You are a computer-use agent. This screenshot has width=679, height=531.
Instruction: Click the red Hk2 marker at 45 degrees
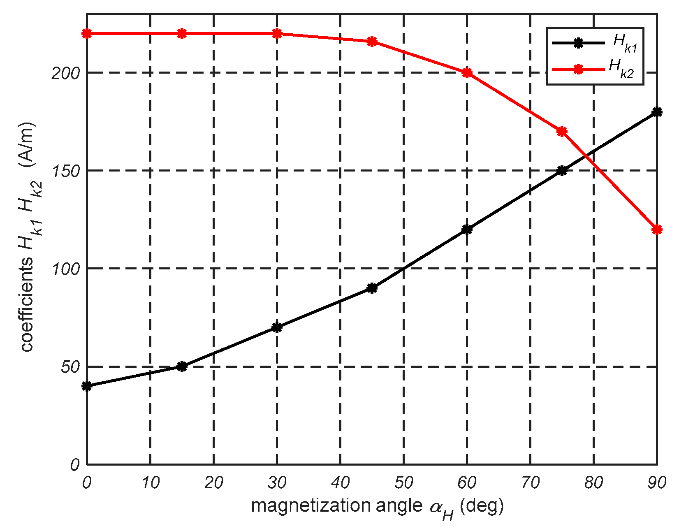tap(372, 42)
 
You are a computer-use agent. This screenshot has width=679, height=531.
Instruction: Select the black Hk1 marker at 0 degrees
tap(87, 386)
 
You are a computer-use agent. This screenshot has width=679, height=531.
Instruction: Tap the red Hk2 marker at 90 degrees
tap(657, 229)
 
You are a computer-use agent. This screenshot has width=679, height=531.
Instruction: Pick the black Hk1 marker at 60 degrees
tap(467, 229)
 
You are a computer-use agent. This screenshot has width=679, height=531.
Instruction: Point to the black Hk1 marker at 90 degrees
tap(657, 112)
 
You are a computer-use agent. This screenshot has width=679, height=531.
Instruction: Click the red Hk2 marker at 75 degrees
tap(562, 131)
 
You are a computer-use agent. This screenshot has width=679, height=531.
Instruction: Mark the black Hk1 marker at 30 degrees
tap(277, 327)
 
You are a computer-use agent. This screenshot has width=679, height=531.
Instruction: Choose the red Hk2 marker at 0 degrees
tap(87, 33)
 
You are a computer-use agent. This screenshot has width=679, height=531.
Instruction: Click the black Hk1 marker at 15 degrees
tap(182, 366)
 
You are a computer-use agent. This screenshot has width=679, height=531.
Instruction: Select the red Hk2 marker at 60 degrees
tap(467, 73)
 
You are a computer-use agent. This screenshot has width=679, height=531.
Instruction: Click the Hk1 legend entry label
tap(625, 44)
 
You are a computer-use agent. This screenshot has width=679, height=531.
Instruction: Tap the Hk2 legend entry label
tap(621, 68)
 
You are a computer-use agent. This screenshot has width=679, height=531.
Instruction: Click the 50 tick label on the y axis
tap(70, 367)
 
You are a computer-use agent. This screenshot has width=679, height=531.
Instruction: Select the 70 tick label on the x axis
tap(530, 483)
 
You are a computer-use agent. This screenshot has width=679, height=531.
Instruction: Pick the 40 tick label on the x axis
tap(340, 483)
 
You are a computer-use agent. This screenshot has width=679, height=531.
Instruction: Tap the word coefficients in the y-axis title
tap(27, 305)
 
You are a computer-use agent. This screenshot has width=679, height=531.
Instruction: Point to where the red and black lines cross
tap(584, 155)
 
